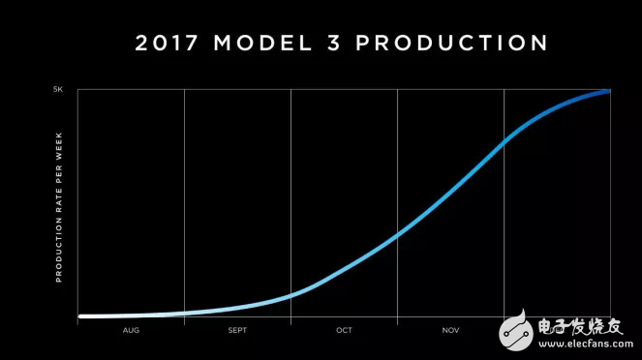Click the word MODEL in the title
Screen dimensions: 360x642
(x=268, y=43)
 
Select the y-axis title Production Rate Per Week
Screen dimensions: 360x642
(x=59, y=203)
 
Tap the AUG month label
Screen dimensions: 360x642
(x=131, y=330)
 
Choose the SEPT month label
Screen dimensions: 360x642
(x=237, y=330)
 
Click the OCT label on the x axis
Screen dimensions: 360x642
(x=344, y=330)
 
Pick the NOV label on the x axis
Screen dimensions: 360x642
(x=450, y=330)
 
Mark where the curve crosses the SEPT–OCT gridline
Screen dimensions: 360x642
(x=290, y=294)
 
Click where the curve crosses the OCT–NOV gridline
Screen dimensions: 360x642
(x=397, y=234)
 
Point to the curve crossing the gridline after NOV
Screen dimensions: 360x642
(x=504, y=141)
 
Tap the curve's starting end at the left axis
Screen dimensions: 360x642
(x=80, y=316)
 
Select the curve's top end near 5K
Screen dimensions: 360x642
(x=607, y=91)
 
